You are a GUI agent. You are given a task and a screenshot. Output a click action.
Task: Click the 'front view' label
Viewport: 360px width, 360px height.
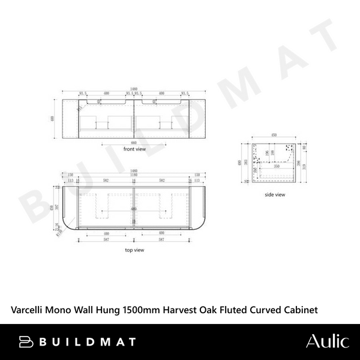[x=136, y=149]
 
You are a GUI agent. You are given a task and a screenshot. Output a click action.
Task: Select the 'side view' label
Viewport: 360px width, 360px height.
[x=275, y=195]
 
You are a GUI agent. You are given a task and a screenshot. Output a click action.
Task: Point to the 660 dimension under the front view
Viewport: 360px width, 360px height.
[x=134, y=143]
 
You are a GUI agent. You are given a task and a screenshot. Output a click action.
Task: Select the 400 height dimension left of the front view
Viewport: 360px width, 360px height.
[x=53, y=118]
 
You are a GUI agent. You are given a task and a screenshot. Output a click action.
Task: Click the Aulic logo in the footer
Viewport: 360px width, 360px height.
[x=327, y=341]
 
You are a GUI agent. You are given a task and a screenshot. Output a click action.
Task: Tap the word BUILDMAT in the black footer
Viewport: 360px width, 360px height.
[x=87, y=342]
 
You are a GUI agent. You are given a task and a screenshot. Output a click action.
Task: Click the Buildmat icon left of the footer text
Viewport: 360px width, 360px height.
[x=26, y=342]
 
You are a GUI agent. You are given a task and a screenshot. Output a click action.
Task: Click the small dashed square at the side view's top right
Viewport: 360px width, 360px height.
[x=294, y=148]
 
